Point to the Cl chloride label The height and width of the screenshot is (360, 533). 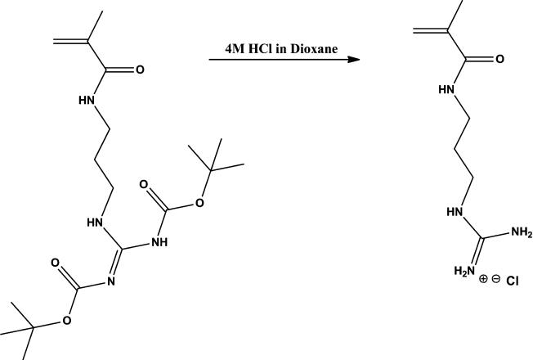point(513,281)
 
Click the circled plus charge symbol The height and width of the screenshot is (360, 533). point(483,279)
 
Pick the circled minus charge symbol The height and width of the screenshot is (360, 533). point(496,279)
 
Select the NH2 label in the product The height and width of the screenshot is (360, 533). point(521,234)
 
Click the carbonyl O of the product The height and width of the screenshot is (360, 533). point(499,59)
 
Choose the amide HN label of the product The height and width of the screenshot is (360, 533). point(446,88)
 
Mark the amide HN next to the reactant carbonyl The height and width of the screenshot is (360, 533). point(87,101)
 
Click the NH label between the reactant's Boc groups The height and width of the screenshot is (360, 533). point(159,242)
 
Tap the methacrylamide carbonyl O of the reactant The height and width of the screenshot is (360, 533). point(140,70)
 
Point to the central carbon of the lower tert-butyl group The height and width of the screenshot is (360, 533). point(34,329)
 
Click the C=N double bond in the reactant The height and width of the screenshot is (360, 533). point(118,262)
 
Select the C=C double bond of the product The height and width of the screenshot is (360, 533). point(431,31)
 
